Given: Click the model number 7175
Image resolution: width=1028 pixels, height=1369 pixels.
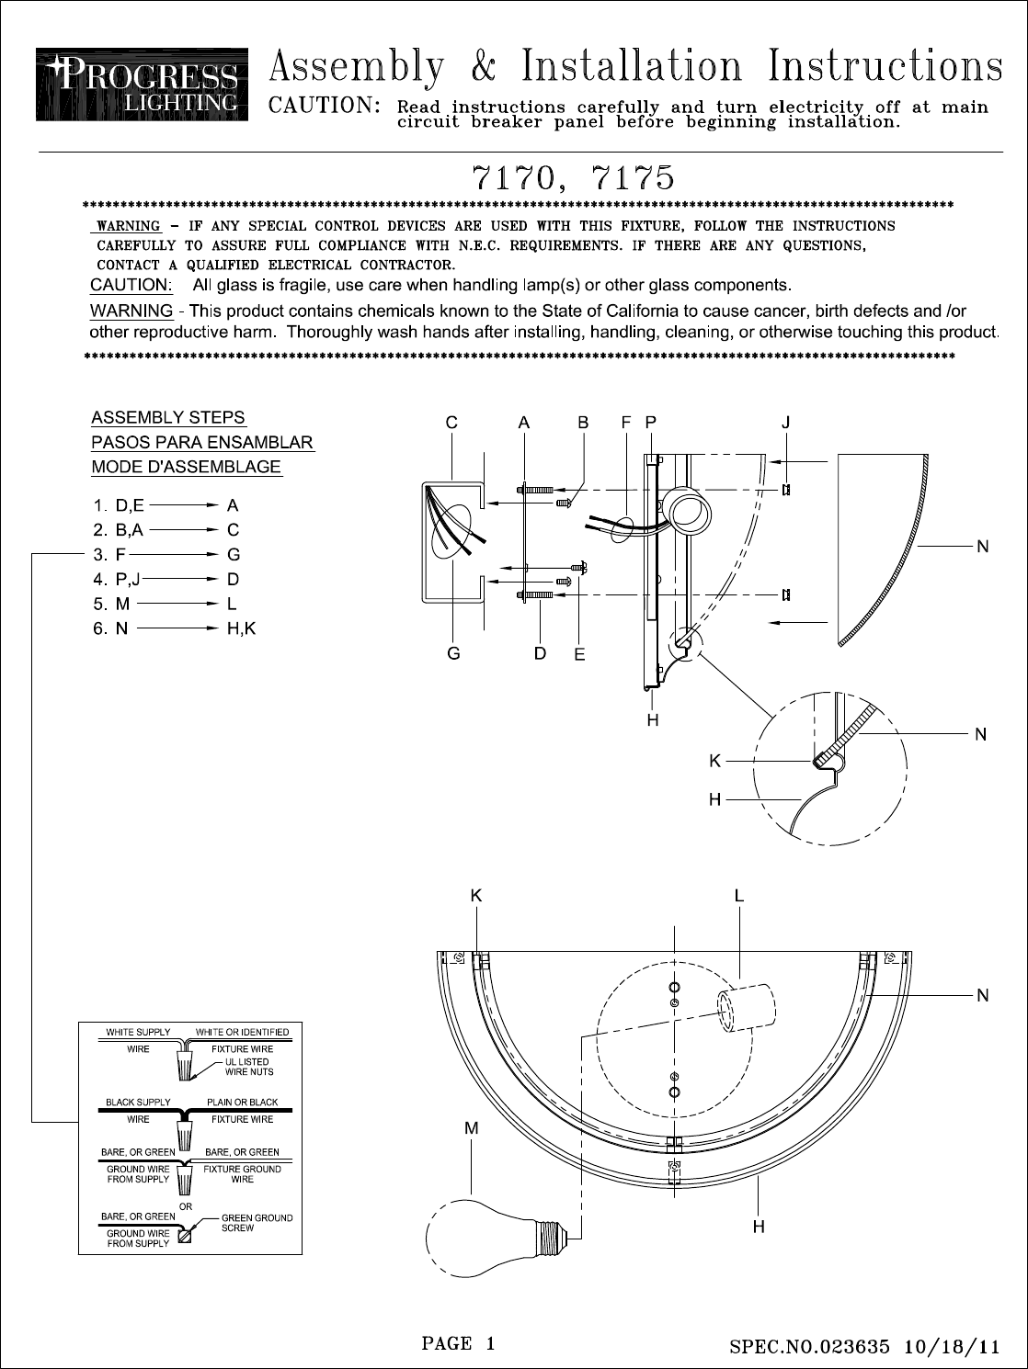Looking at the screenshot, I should [629, 175].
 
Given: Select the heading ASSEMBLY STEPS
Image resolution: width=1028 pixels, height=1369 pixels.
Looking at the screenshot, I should [168, 418].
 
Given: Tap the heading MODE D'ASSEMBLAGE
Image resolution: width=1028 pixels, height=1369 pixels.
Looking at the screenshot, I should [186, 467].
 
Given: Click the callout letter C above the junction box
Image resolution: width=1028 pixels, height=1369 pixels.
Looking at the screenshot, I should [451, 423].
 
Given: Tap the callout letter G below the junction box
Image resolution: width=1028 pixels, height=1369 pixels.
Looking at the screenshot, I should [453, 654].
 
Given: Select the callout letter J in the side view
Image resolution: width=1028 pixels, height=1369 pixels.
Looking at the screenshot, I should [786, 423].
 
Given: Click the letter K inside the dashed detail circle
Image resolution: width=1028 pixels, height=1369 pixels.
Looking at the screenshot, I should [714, 761].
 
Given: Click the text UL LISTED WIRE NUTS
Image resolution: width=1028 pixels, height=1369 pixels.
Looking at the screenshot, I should [249, 1067].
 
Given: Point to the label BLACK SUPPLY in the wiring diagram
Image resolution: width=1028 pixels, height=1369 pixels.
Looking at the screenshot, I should [138, 1103].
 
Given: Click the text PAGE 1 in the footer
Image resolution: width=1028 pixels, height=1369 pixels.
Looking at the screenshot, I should [458, 1343].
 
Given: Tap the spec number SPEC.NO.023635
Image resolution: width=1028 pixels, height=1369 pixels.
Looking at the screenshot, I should [810, 1348].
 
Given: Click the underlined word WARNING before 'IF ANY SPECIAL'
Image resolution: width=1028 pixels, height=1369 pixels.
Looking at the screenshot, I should [129, 226].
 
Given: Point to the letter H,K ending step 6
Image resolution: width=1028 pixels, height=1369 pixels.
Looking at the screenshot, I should [241, 629].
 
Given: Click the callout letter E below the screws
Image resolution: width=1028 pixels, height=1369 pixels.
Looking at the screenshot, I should [579, 655].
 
